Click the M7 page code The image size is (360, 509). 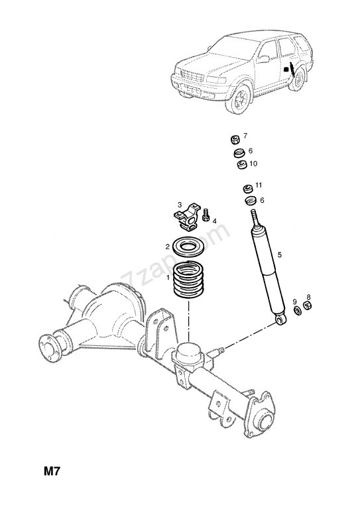click(x=52, y=471)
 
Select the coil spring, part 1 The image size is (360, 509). click(x=188, y=280)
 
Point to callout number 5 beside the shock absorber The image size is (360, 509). click(x=280, y=254)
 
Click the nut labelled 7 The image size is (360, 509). click(x=235, y=140)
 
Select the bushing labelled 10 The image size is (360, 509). click(x=242, y=165)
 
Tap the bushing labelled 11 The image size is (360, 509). click(x=249, y=188)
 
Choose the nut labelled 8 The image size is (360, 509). click(x=307, y=306)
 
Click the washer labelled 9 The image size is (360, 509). click(x=298, y=310)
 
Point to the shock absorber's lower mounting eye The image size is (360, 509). click(x=280, y=319)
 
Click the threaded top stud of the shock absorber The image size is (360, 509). click(x=255, y=217)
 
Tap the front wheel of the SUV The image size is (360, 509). click(x=239, y=98)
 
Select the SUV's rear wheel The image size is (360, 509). click(x=298, y=79)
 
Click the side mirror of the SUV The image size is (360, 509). click(x=263, y=59)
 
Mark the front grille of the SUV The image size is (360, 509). click(x=192, y=77)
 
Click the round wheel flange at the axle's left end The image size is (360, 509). click(x=50, y=348)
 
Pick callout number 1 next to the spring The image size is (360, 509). click(x=168, y=278)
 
